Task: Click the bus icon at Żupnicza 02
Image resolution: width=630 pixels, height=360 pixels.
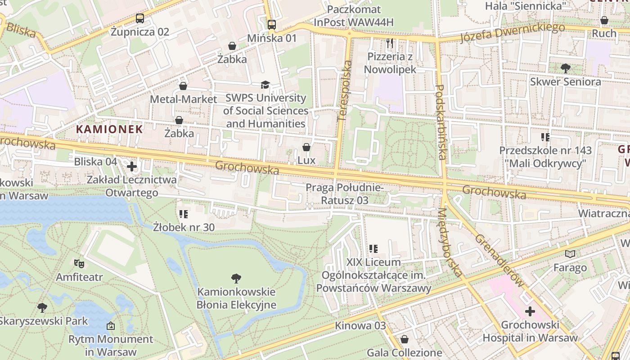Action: [140, 18]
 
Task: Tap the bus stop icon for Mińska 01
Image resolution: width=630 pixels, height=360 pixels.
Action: [272, 25]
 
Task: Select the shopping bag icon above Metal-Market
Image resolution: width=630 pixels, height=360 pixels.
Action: [183, 86]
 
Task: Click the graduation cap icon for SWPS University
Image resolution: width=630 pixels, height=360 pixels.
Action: [265, 85]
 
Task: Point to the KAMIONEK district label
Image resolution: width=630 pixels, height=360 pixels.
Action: [109, 130]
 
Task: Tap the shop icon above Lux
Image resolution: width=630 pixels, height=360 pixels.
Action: [306, 147]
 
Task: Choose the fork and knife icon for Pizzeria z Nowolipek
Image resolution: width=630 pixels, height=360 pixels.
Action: [390, 43]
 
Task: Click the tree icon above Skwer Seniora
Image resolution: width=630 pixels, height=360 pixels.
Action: [566, 68]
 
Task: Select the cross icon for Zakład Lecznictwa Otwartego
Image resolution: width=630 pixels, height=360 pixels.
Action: [132, 167]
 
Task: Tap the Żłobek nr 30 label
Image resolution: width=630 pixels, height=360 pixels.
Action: [184, 227]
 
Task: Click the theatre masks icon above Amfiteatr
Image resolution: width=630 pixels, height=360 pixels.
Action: [79, 263]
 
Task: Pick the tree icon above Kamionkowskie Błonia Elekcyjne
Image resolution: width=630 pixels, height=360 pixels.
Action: [236, 279]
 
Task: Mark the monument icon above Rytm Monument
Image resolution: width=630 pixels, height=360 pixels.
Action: [111, 325]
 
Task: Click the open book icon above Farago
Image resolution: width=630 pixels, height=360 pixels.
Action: [570, 254]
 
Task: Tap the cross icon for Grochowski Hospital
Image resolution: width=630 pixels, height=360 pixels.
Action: [530, 311]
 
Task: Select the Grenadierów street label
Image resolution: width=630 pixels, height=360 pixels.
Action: [499, 261]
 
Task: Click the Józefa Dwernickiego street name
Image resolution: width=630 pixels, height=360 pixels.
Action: [512, 33]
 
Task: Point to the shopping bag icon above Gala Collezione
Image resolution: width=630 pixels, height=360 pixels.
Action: [405, 339]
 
